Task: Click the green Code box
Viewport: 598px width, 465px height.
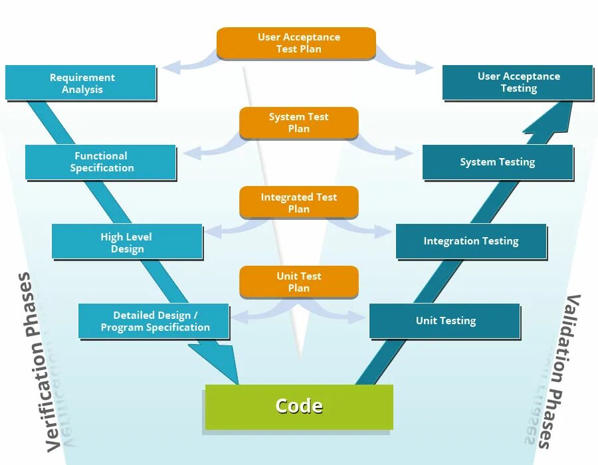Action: pyautogui.click(x=299, y=407)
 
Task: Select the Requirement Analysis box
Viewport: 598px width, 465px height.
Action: pyautogui.click(x=81, y=83)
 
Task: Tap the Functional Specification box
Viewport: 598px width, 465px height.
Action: pyautogui.click(x=101, y=162)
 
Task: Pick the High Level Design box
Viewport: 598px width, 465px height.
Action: pyautogui.click(x=127, y=242)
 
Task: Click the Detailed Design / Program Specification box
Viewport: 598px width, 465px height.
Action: pyautogui.click(x=154, y=322)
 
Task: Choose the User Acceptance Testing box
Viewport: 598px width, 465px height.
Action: pyautogui.click(x=518, y=82)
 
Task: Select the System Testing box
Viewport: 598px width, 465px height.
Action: pyautogui.click(x=497, y=162)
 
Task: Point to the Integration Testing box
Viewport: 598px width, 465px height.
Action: pyautogui.click(x=471, y=241)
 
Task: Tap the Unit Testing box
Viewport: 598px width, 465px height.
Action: pyautogui.click(x=445, y=321)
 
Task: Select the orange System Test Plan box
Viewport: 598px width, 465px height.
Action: pyautogui.click(x=299, y=123)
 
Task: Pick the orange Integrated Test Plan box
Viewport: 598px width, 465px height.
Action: pyautogui.click(x=299, y=203)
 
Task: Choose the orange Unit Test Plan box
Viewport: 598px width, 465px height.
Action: pyautogui.click(x=299, y=282)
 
